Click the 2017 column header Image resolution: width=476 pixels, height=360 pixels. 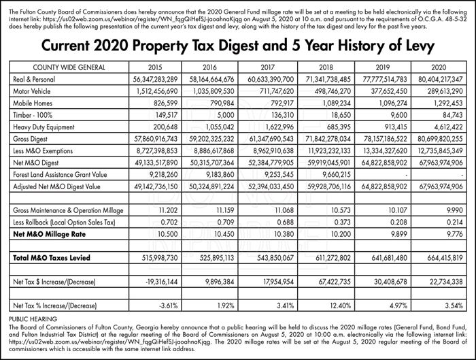pos(267,67)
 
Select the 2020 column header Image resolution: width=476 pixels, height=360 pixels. pos(439,67)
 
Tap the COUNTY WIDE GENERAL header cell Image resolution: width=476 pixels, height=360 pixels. pos(69,67)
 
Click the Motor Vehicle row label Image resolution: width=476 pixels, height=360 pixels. pos(31,91)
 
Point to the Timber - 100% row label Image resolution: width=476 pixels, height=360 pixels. pos(33,115)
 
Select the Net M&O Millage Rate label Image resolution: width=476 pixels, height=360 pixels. pos(49,234)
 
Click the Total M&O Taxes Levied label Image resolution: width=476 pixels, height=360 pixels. pos(52,258)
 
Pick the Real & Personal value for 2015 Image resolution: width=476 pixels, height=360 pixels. pos(155,80)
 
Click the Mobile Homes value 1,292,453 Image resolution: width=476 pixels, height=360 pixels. pos(448,103)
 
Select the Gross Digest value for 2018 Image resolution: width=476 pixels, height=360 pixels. pos(328,139)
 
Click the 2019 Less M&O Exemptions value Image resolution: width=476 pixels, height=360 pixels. pos(384,151)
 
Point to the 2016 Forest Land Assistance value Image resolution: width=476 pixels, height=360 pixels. pos(220,175)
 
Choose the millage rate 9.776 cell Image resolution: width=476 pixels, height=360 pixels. pos(454,234)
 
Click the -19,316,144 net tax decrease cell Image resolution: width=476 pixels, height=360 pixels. pos(162,282)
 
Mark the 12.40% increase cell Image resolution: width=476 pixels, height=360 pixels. pos(340,306)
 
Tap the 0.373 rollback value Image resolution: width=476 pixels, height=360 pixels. pos(342,223)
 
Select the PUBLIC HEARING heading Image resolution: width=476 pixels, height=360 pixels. pos(33,319)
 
